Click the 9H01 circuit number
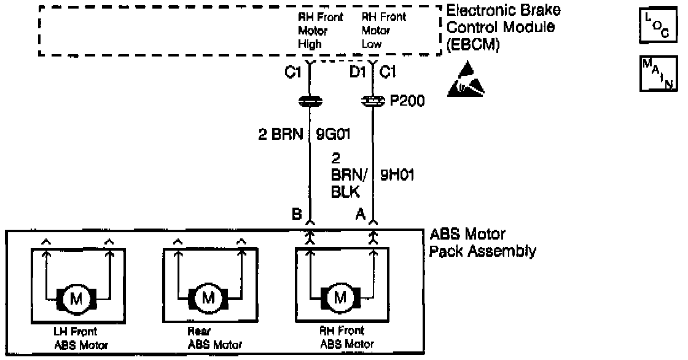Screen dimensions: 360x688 tap(396, 176)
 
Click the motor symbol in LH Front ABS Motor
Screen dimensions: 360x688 tap(80, 299)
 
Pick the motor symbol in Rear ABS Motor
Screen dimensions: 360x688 tap(209, 299)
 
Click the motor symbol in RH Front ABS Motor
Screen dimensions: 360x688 tap(340, 299)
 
